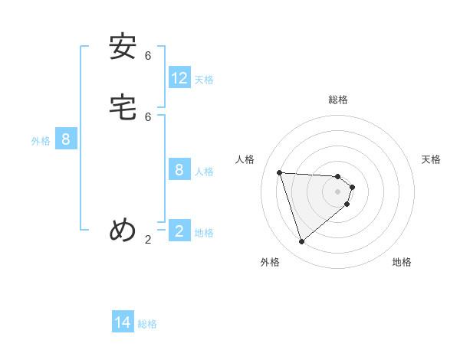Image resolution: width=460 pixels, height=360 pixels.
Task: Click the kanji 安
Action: (x=123, y=47)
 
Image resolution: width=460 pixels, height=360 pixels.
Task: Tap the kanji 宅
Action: (x=123, y=108)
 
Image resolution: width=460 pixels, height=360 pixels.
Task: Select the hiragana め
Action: (x=123, y=230)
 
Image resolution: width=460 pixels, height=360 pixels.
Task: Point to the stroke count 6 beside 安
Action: (x=148, y=56)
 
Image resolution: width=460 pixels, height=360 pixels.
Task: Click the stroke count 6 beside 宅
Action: (x=148, y=116)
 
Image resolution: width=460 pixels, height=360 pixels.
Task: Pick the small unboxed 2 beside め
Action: (x=148, y=240)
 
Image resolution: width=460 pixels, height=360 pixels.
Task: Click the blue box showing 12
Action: (x=179, y=78)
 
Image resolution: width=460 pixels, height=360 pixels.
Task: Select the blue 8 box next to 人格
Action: (x=179, y=170)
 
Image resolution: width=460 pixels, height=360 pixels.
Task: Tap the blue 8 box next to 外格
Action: (x=66, y=139)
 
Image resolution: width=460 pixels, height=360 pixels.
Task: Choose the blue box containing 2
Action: (x=179, y=231)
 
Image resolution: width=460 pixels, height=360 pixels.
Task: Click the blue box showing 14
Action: (x=123, y=322)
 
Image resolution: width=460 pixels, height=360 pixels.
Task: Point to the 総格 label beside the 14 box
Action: (x=147, y=324)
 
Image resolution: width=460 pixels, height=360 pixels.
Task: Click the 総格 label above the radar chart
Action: (x=338, y=100)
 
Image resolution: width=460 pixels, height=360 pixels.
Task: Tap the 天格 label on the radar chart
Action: (x=431, y=159)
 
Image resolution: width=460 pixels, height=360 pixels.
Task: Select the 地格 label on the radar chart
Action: (x=402, y=262)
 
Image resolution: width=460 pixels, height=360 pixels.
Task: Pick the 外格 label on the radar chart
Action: (x=270, y=262)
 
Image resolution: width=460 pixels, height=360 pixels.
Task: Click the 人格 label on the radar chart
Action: (x=245, y=159)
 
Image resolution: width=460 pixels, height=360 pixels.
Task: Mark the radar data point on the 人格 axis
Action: (x=280, y=172)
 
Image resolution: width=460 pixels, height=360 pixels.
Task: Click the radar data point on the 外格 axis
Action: (x=301, y=242)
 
